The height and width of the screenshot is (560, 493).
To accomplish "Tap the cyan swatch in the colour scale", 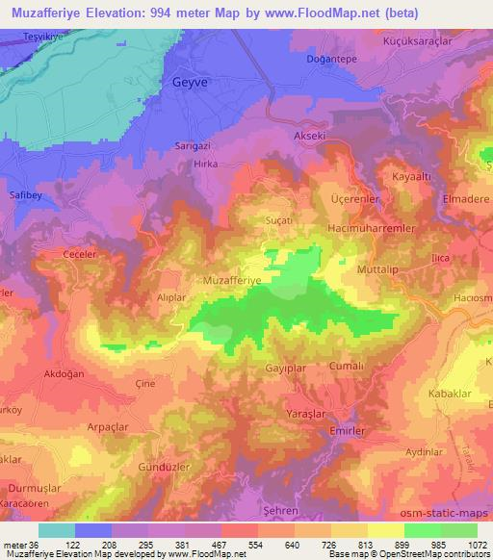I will point(57,530).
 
